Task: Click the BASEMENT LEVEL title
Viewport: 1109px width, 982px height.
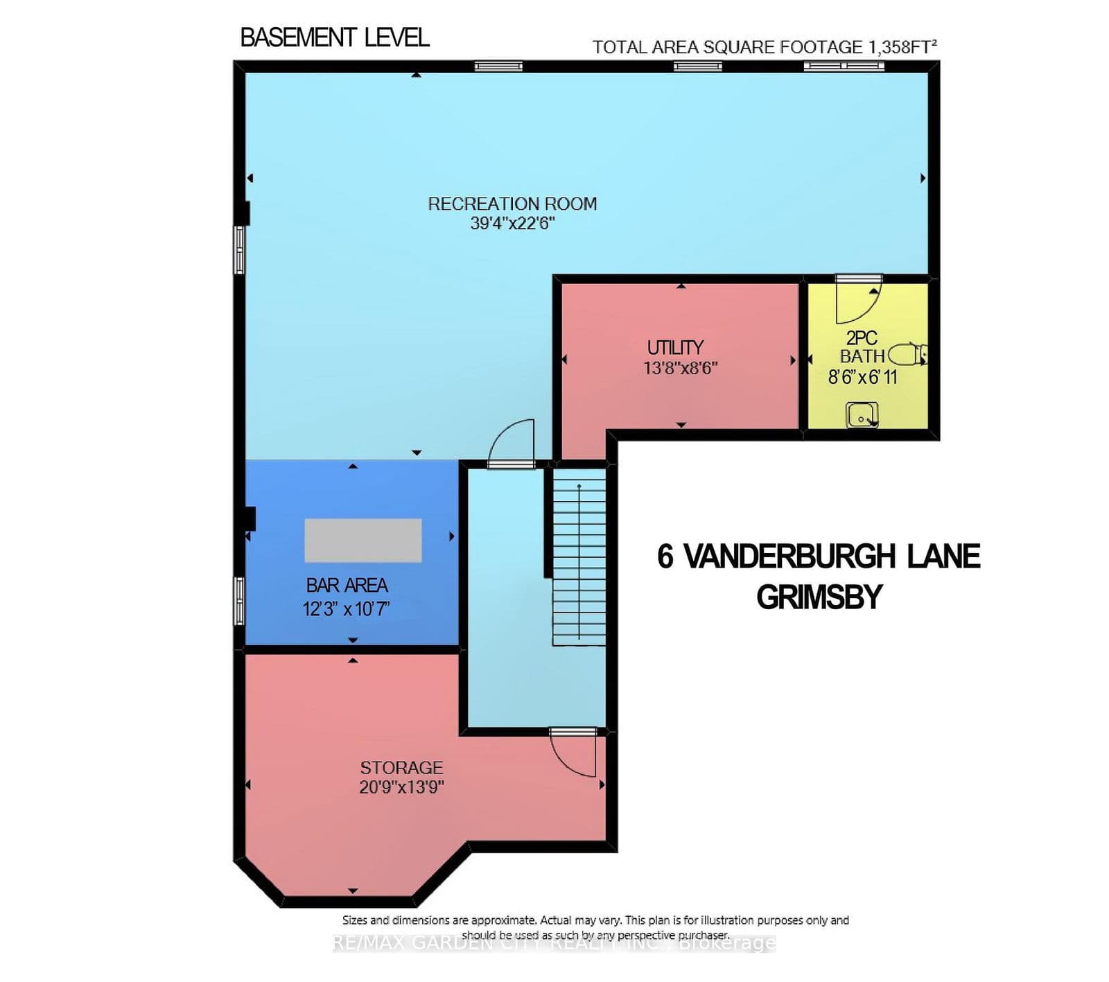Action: click(334, 37)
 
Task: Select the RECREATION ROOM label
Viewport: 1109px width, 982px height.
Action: click(512, 204)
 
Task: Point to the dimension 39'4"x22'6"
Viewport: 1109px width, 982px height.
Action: click(512, 223)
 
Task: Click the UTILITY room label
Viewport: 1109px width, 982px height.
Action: click(675, 347)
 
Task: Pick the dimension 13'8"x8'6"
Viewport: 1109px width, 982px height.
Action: click(680, 368)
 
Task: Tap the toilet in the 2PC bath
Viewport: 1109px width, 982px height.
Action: click(906, 354)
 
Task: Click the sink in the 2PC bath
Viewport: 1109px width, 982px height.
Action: click(862, 415)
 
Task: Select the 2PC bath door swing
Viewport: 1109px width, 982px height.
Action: click(857, 301)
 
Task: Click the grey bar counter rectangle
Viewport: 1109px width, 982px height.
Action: click(363, 541)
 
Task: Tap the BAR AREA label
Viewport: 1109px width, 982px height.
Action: click(347, 586)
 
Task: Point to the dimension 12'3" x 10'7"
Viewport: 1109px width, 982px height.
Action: click(346, 609)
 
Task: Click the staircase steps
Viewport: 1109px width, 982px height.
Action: click(579, 561)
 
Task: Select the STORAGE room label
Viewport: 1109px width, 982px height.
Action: click(401, 768)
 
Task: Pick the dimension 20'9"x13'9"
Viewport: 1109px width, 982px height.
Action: click(401, 787)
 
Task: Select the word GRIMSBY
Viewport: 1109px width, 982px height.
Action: click(819, 597)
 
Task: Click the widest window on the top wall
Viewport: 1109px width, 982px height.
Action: click(844, 66)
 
